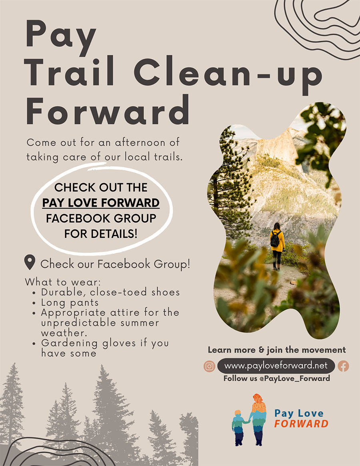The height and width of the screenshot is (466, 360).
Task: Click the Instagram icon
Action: point(209,366)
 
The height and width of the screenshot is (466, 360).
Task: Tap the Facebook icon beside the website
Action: point(343,366)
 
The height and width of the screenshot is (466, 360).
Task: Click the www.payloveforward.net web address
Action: point(276,366)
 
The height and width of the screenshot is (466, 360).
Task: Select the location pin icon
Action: point(30,262)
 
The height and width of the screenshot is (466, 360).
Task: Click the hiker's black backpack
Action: point(275,239)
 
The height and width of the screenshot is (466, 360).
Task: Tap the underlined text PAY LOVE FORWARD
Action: point(101,203)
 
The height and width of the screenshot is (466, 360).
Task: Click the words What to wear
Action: point(63,282)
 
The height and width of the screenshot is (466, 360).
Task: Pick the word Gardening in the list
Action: point(69,343)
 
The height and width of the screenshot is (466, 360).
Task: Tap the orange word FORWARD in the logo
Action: point(301,424)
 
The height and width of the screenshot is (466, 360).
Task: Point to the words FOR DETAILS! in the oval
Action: point(101,234)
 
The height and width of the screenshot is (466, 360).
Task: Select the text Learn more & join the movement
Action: point(277,350)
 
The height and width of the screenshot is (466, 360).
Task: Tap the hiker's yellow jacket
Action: point(278,240)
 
